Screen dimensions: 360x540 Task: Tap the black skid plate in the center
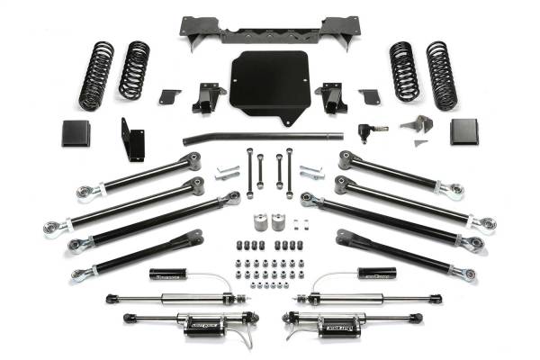(268, 87)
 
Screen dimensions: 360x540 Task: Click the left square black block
(76, 133)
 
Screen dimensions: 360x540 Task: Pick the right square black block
(465, 132)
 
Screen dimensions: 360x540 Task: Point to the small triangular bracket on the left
(168, 95)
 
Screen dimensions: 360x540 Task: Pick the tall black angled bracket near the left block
(133, 139)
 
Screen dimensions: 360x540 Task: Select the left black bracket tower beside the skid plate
(208, 96)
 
